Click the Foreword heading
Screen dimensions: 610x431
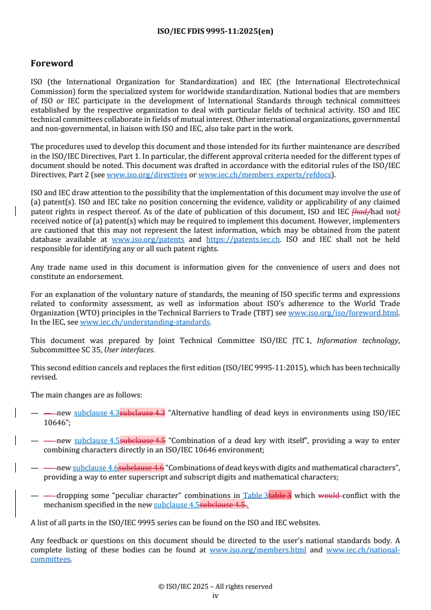(x=52, y=64)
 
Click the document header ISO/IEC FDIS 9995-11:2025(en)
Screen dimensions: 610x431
(x=215, y=31)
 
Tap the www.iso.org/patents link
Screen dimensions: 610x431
(x=148, y=239)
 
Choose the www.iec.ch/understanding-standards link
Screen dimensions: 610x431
(x=145, y=322)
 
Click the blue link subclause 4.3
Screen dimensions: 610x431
(x=97, y=413)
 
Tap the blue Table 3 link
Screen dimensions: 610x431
(x=255, y=495)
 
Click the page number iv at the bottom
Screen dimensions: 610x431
(x=215, y=595)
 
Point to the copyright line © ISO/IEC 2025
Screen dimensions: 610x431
(x=215, y=586)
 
